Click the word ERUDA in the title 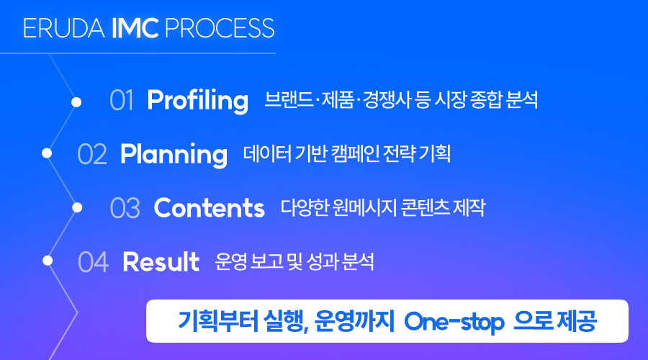[x=64, y=28]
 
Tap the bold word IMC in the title [x=135, y=28]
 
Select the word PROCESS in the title [x=220, y=28]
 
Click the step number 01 [x=122, y=100]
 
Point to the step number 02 [x=92, y=154]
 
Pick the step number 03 [x=125, y=208]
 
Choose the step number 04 [x=94, y=262]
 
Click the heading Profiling [x=197, y=101]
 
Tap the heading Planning [x=174, y=155]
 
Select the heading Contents [x=209, y=208]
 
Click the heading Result [x=161, y=262]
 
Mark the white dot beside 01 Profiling [x=76, y=102]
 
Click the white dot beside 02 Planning [x=47, y=153]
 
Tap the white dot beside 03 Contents [x=77, y=207]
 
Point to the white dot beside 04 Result [x=48, y=261]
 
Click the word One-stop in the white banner [x=454, y=322]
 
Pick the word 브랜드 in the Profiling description [x=289, y=99]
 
